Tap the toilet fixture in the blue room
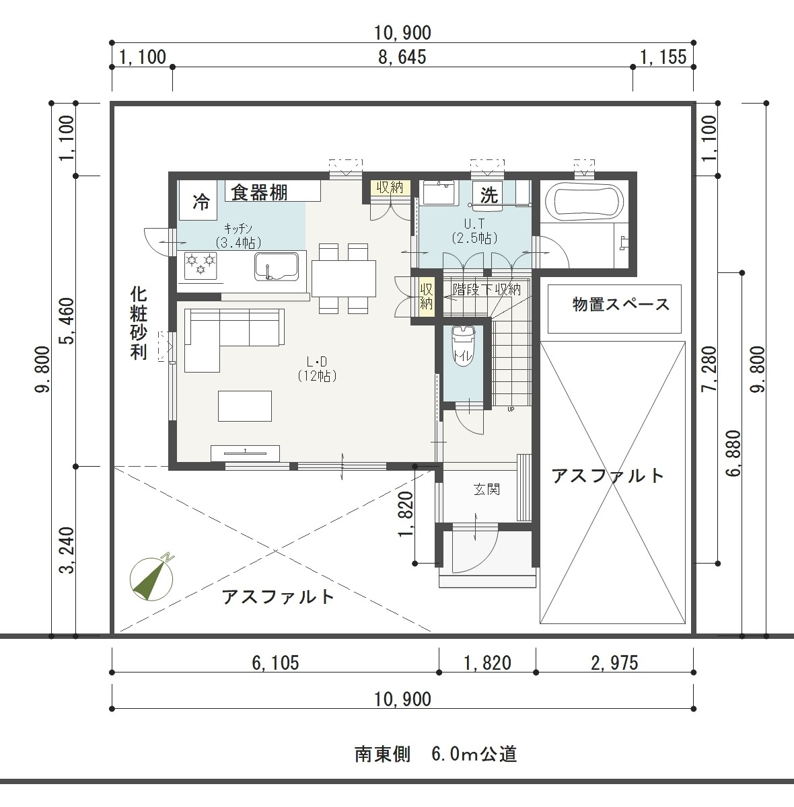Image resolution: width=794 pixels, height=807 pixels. click(x=462, y=347)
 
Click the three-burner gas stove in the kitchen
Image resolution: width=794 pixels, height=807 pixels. click(x=201, y=266)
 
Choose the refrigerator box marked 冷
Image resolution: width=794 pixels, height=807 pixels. click(x=198, y=200)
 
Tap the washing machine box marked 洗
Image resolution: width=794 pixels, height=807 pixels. click(x=488, y=194)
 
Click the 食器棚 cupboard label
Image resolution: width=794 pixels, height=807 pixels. click(x=259, y=193)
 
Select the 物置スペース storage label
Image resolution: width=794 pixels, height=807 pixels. click(x=621, y=305)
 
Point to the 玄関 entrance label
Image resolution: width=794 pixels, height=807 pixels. click(x=486, y=489)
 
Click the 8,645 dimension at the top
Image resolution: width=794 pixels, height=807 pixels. click(x=402, y=57)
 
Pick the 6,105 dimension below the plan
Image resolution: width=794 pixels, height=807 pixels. click(x=275, y=663)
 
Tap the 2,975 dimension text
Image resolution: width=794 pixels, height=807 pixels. click(x=614, y=663)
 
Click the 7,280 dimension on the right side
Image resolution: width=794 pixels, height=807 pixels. click(x=710, y=369)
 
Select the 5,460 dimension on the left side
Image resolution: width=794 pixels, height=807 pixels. click(x=67, y=321)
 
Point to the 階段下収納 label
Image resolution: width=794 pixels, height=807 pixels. click(x=486, y=289)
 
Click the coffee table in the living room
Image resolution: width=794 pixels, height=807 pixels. click(x=244, y=406)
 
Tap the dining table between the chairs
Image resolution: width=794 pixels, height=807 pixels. click(x=343, y=278)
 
